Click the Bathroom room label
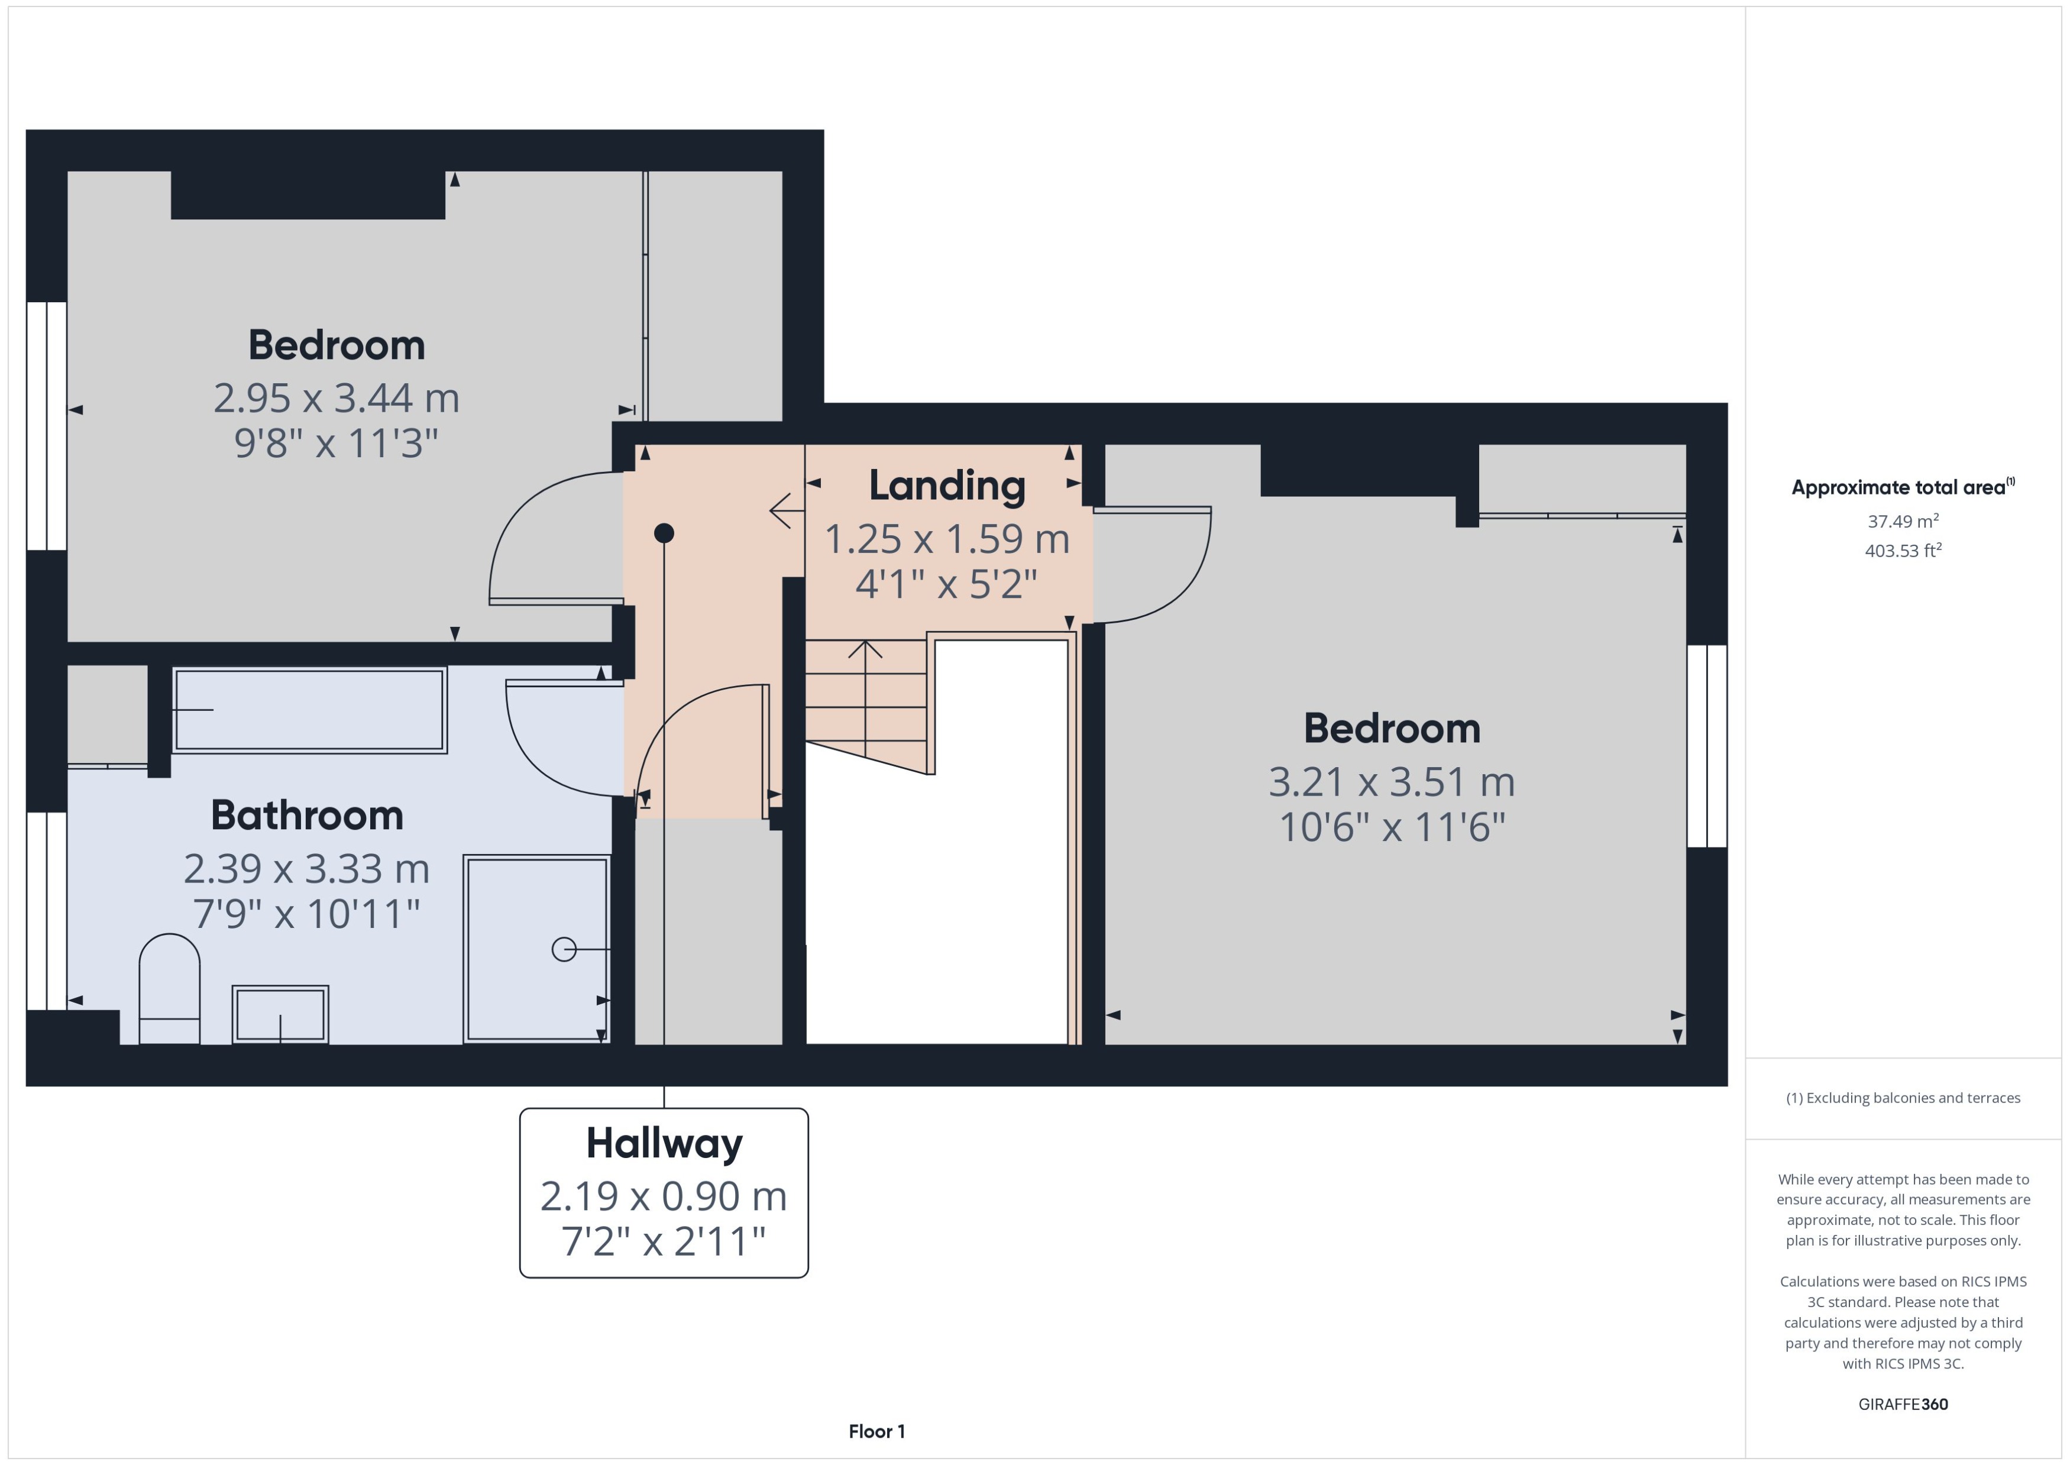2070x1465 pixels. click(x=307, y=816)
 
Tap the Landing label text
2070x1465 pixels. click(x=946, y=486)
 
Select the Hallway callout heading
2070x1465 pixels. click(x=664, y=1144)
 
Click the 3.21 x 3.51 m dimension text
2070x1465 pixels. click(x=1391, y=782)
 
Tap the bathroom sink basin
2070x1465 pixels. click(x=280, y=1014)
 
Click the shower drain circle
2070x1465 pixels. click(x=564, y=949)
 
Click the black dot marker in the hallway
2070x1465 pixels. click(x=664, y=533)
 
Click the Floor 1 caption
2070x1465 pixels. click(x=876, y=1432)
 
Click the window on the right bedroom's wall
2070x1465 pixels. click(x=1706, y=746)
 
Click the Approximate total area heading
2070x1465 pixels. click(x=1902, y=488)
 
